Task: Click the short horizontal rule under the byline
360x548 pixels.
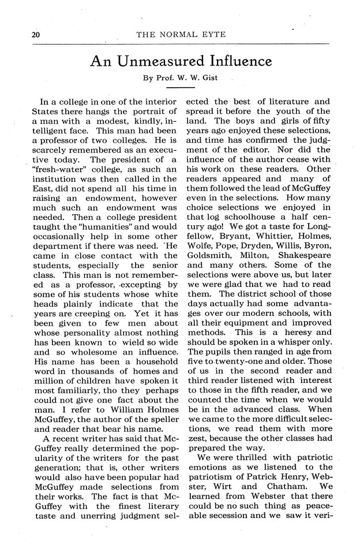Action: [x=179, y=88]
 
